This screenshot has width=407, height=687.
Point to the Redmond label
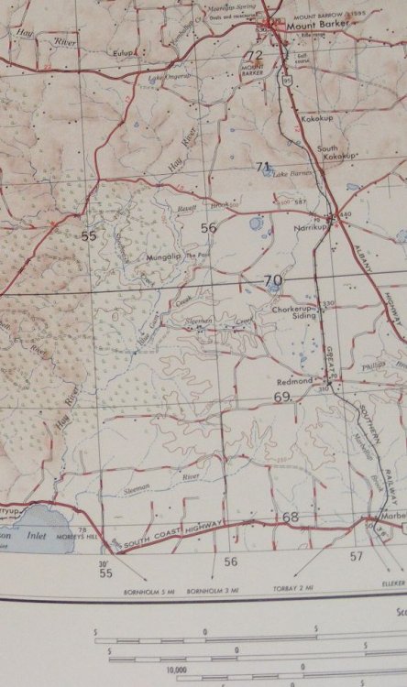296,378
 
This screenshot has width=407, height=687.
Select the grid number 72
254,56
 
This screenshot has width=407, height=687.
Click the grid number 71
264,166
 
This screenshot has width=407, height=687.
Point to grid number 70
272,280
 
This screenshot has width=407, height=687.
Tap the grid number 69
280,397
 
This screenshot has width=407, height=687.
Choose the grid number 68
291,518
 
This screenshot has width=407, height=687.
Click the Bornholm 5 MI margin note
145,593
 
